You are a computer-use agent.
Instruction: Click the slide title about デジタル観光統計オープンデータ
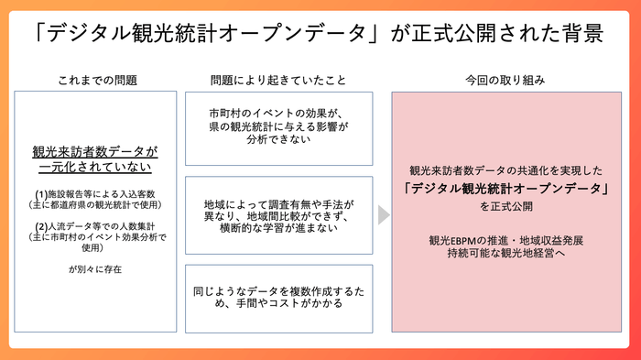(x=320, y=34)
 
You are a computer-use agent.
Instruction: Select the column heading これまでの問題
(x=96, y=80)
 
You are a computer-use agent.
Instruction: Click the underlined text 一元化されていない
(x=95, y=168)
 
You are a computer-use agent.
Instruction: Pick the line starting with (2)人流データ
(x=95, y=225)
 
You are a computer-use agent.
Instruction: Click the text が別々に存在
(x=95, y=269)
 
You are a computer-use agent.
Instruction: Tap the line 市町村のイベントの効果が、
(x=279, y=114)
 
